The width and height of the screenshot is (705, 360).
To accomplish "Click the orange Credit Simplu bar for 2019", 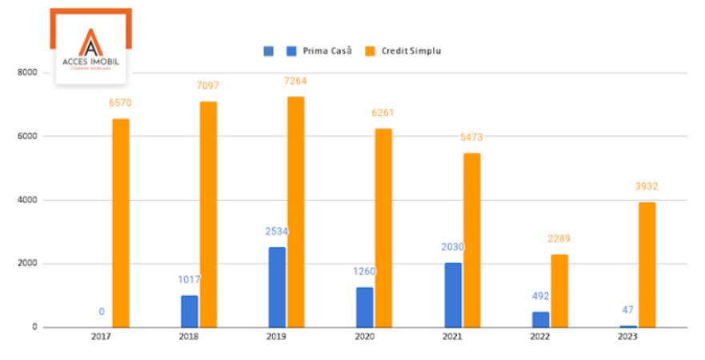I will [296, 212].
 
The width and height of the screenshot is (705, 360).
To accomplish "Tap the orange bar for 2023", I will [647, 264].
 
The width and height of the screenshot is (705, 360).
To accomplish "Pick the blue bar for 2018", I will [190, 311].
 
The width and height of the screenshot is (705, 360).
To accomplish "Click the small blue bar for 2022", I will [540, 319].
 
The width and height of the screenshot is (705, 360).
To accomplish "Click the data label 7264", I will [296, 81].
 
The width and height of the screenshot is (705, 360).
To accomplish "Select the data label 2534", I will [277, 232].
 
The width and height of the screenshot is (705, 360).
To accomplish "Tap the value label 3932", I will [647, 186].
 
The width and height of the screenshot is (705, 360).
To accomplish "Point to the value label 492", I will [540, 296].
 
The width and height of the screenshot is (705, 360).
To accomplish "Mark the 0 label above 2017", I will [102, 311].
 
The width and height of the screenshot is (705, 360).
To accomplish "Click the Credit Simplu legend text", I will [411, 51].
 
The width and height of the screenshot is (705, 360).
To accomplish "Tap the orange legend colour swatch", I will [371, 51].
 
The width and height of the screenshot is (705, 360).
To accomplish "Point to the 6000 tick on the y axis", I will [27, 136].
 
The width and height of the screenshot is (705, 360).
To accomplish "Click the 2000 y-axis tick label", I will [27, 263].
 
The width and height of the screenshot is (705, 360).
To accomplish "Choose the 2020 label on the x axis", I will [364, 338].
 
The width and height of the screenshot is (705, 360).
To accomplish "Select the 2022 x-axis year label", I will [539, 338].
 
